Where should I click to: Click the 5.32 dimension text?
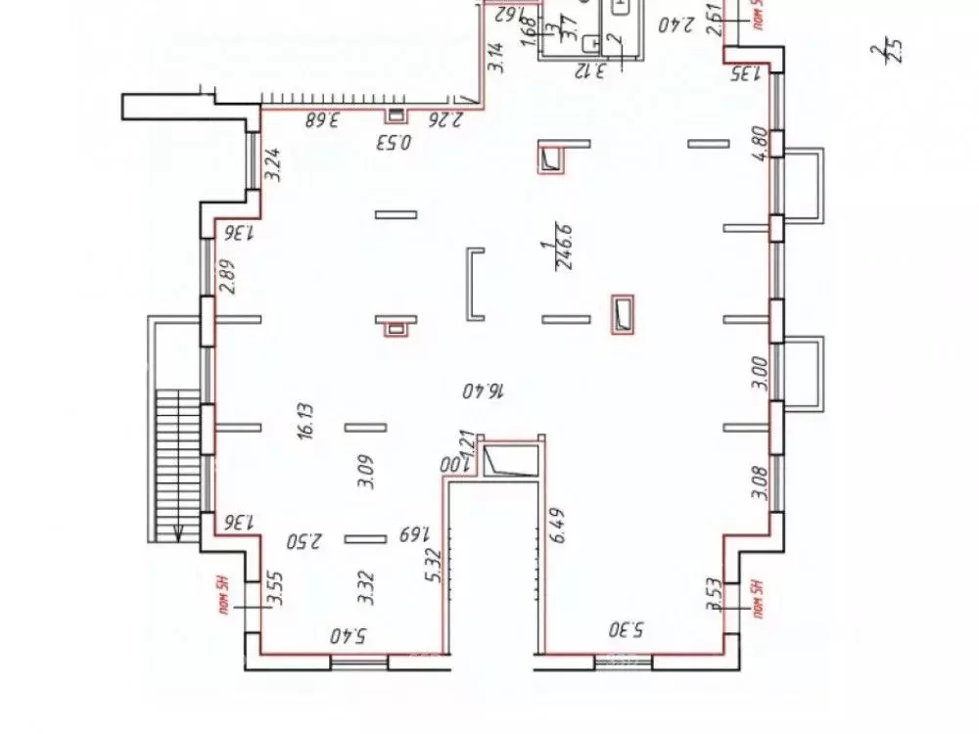click(432, 566)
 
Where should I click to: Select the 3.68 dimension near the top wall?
click(320, 121)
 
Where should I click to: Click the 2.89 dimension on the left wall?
click(227, 278)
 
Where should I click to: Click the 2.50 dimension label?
click(304, 540)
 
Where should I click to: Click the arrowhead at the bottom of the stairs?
click(178, 533)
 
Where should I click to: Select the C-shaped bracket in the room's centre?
click(475, 285)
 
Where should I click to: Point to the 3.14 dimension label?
click(495, 60)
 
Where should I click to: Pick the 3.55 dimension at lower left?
click(277, 590)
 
